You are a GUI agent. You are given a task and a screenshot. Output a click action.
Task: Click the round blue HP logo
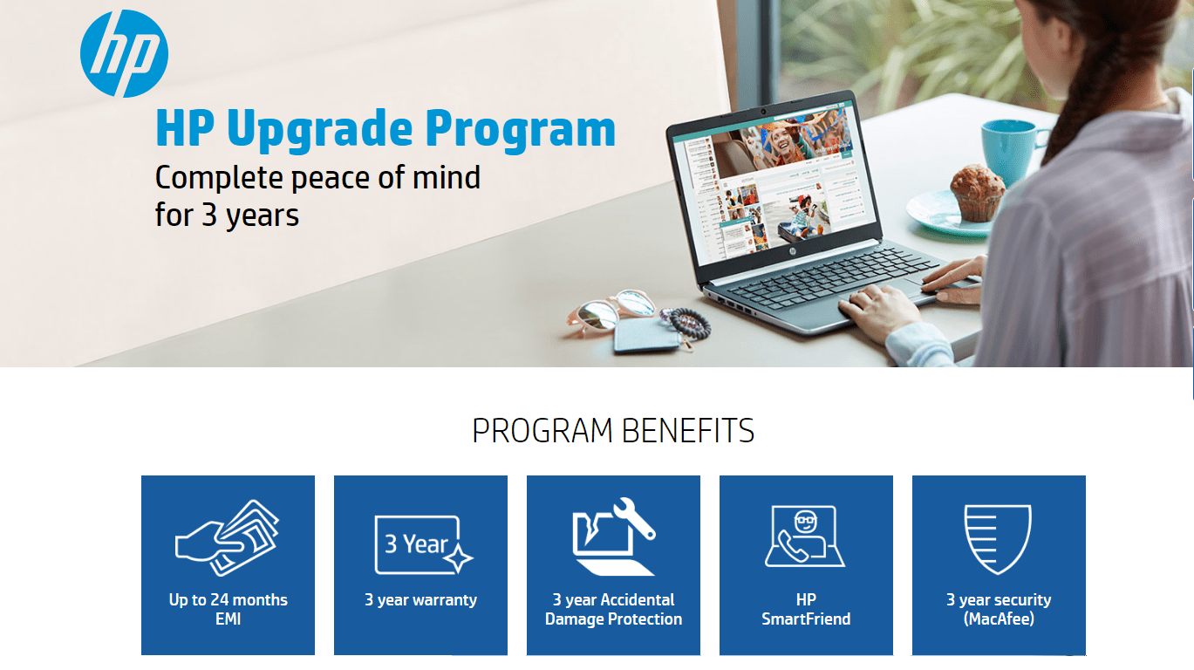pyautogui.click(x=124, y=53)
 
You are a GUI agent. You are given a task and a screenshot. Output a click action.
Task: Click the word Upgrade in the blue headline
pyautogui.click(x=320, y=130)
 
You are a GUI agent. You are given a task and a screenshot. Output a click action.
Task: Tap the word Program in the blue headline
pyautogui.click(x=520, y=130)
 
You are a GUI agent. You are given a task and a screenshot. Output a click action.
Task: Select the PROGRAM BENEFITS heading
pyautogui.click(x=613, y=431)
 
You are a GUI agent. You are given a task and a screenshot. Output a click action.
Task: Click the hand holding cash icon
pyautogui.click(x=228, y=537)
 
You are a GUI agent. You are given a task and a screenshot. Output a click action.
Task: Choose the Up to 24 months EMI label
pyautogui.click(x=229, y=609)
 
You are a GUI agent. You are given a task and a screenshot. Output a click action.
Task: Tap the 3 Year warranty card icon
pyautogui.click(x=424, y=544)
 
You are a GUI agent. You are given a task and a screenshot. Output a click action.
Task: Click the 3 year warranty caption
pyautogui.click(x=420, y=600)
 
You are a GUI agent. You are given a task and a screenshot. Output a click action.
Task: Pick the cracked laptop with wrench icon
pyautogui.click(x=613, y=537)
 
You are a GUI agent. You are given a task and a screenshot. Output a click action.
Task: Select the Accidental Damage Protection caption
pyautogui.click(x=613, y=609)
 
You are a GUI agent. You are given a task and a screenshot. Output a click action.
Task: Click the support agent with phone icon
pyautogui.click(x=805, y=537)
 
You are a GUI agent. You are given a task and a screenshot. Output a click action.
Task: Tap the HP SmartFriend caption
pyautogui.click(x=806, y=609)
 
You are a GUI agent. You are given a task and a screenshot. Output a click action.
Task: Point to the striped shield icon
pyautogui.click(x=998, y=539)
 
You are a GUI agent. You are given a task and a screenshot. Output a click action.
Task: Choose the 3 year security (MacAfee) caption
pyautogui.click(x=999, y=609)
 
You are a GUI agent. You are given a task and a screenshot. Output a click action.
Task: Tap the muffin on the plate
pyautogui.click(x=977, y=193)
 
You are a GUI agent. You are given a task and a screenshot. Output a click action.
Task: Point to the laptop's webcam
pyautogui.click(x=763, y=112)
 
